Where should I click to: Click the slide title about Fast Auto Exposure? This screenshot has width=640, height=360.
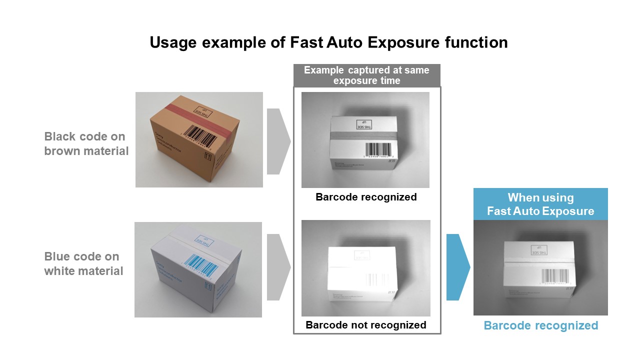click(328, 42)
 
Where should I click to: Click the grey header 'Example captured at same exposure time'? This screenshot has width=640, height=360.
click(366, 75)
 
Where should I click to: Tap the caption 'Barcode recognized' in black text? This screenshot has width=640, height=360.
click(366, 197)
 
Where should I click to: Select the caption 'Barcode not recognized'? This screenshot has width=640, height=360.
click(366, 325)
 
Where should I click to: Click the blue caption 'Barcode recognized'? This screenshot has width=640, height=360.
click(540, 326)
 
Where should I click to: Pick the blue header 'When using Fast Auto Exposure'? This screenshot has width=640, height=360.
click(540, 204)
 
